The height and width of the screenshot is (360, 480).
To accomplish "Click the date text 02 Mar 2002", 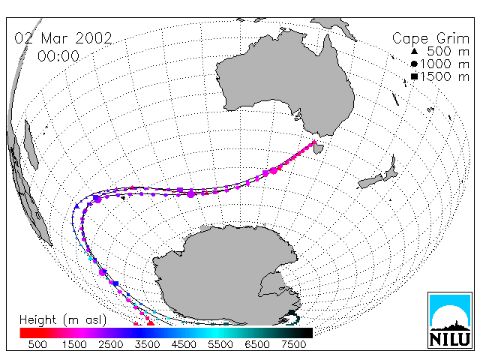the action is (x=63, y=38).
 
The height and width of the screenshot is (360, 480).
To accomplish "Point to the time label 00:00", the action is (x=58, y=56).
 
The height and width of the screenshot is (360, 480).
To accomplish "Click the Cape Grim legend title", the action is (x=430, y=39).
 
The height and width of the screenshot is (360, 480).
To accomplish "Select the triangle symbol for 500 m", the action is (x=414, y=51).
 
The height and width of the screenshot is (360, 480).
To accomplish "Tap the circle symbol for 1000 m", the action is (x=414, y=64).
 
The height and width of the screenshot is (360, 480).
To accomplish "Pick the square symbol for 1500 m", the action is (x=414, y=76).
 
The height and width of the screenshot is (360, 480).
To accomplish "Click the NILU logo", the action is (x=450, y=320).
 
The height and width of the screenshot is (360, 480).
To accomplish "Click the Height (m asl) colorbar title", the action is (x=63, y=320).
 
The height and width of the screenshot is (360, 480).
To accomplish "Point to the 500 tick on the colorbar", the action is (x=37, y=344).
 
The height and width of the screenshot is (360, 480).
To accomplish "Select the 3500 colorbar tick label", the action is (x=147, y=344).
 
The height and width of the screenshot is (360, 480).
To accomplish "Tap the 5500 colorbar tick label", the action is (x=220, y=344).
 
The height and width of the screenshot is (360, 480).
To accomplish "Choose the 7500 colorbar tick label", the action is (x=293, y=344).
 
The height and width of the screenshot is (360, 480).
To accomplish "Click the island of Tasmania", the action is (x=318, y=148).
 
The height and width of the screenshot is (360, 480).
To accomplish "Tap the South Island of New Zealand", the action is (x=370, y=181).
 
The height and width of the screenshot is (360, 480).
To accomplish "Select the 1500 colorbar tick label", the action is (x=74, y=344).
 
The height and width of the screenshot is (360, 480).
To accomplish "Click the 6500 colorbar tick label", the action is (x=257, y=344).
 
